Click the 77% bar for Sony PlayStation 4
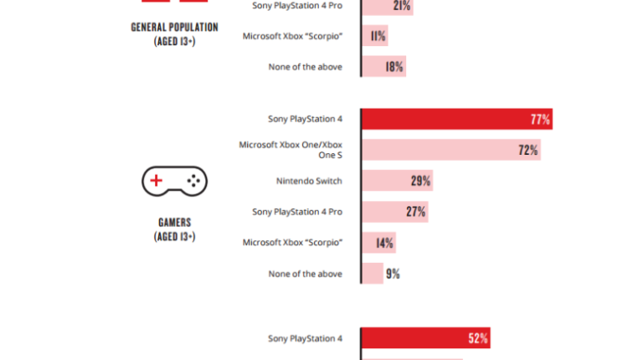tap(456, 120)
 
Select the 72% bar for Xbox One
tap(450, 151)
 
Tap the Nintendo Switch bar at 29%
tap(396, 181)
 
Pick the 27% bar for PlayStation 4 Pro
tap(394, 212)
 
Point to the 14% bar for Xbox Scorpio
tap(378, 243)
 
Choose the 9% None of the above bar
tap(372, 274)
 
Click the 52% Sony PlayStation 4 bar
tap(425, 339)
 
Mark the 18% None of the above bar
tap(383, 67)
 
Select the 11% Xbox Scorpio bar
tap(374, 36)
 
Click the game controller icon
tap(174, 180)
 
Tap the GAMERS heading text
tap(174, 223)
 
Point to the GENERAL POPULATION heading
tap(174, 28)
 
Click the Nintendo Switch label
tap(308, 181)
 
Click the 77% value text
tap(540, 120)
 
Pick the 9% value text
tap(393, 274)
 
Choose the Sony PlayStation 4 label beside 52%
tap(305, 339)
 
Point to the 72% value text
tap(528, 151)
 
